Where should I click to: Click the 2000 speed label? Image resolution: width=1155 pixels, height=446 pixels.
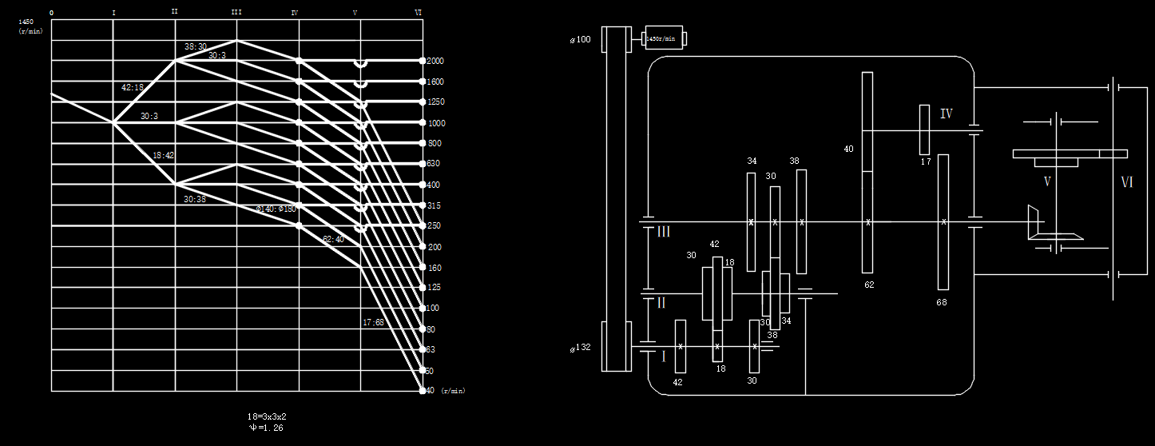pyautogui.click(x=435, y=62)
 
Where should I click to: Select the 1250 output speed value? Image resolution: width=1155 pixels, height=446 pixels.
pyautogui.click(x=435, y=102)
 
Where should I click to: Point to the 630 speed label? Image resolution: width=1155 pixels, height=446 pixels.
pyautogui.click(x=433, y=164)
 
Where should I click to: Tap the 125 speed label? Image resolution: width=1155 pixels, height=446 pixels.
pyautogui.click(x=433, y=288)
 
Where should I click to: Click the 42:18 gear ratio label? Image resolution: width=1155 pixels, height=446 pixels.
pyautogui.click(x=133, y=88)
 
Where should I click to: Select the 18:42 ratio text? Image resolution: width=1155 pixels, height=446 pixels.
pyautogui.click(x=163, y=156)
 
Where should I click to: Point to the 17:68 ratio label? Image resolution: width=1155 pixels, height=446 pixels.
pyautogui.click(x=372, y=323)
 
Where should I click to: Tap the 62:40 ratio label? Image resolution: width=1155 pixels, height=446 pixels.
pyautogui.click(x=333, y=239)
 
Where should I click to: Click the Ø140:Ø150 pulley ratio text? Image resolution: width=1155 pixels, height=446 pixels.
pyautogui.click(x=276, y=209)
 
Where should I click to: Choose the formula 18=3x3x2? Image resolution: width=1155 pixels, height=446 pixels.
pyautogui.click(x=266, y=417)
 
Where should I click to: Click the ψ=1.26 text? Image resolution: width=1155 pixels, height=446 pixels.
pyautogui.click(x=266, y=428)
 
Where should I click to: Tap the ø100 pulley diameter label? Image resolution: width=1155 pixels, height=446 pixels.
pyautogui.click(x=581, y=39)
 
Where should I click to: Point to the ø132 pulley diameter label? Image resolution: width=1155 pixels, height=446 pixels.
pyautogui.click(x=581, y=348)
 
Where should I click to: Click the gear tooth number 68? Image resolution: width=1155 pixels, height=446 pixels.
pyautogui.click(x=943, y=302)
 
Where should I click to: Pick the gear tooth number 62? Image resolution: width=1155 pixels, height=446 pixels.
pyautogui.click(x=868, y=285)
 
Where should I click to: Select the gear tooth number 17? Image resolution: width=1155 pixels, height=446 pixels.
pyautogui.click(x=926, y=162)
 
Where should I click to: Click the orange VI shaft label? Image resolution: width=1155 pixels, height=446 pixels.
pyautogui.click(x=1127, y=183)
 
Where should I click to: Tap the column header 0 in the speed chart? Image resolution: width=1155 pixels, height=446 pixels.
pyautogui.click(x=52, y=14)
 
